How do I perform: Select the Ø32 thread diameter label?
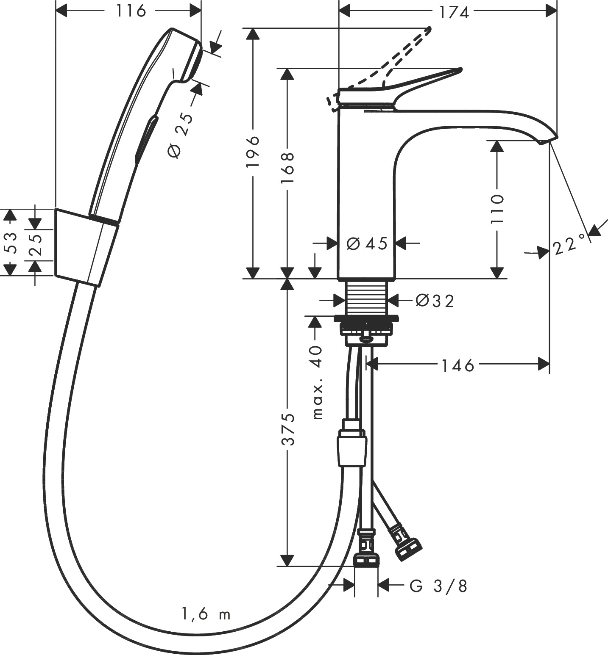435,301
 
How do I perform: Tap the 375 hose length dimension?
288,429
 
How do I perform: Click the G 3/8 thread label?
438,586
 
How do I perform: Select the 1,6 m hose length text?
206,614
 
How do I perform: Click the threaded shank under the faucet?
367,299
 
